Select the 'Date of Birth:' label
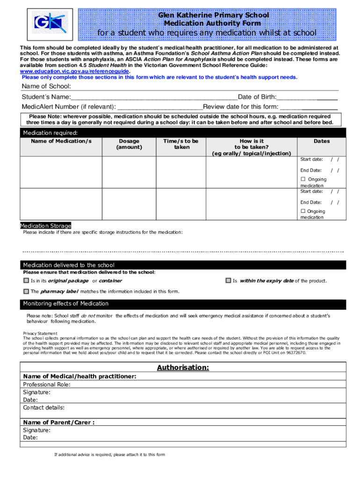pyautogui.click(x=257, y=97)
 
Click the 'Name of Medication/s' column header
pyautogui.click(x=61, y=141)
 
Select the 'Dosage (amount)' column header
pyautogui.click(x=129, y=144)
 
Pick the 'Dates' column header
pyautogui.click(x=322, y=141)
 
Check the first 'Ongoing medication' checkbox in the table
pyautogui.click(x=303, y=179)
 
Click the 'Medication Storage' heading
pyautogui.click(x=45, y=225)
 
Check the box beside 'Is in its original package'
pyautogui.click(x=26, y=281)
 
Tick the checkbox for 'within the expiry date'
pyautogui.click(x=228, y=281)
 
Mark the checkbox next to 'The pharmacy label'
pyautogui.click(x=26, y=291)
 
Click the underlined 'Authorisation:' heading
pyautogui.click(x=183, y=367)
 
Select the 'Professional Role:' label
pyautogui.click(x=47, y=384)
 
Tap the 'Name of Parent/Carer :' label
pyautogui.click(x=59, y=422)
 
